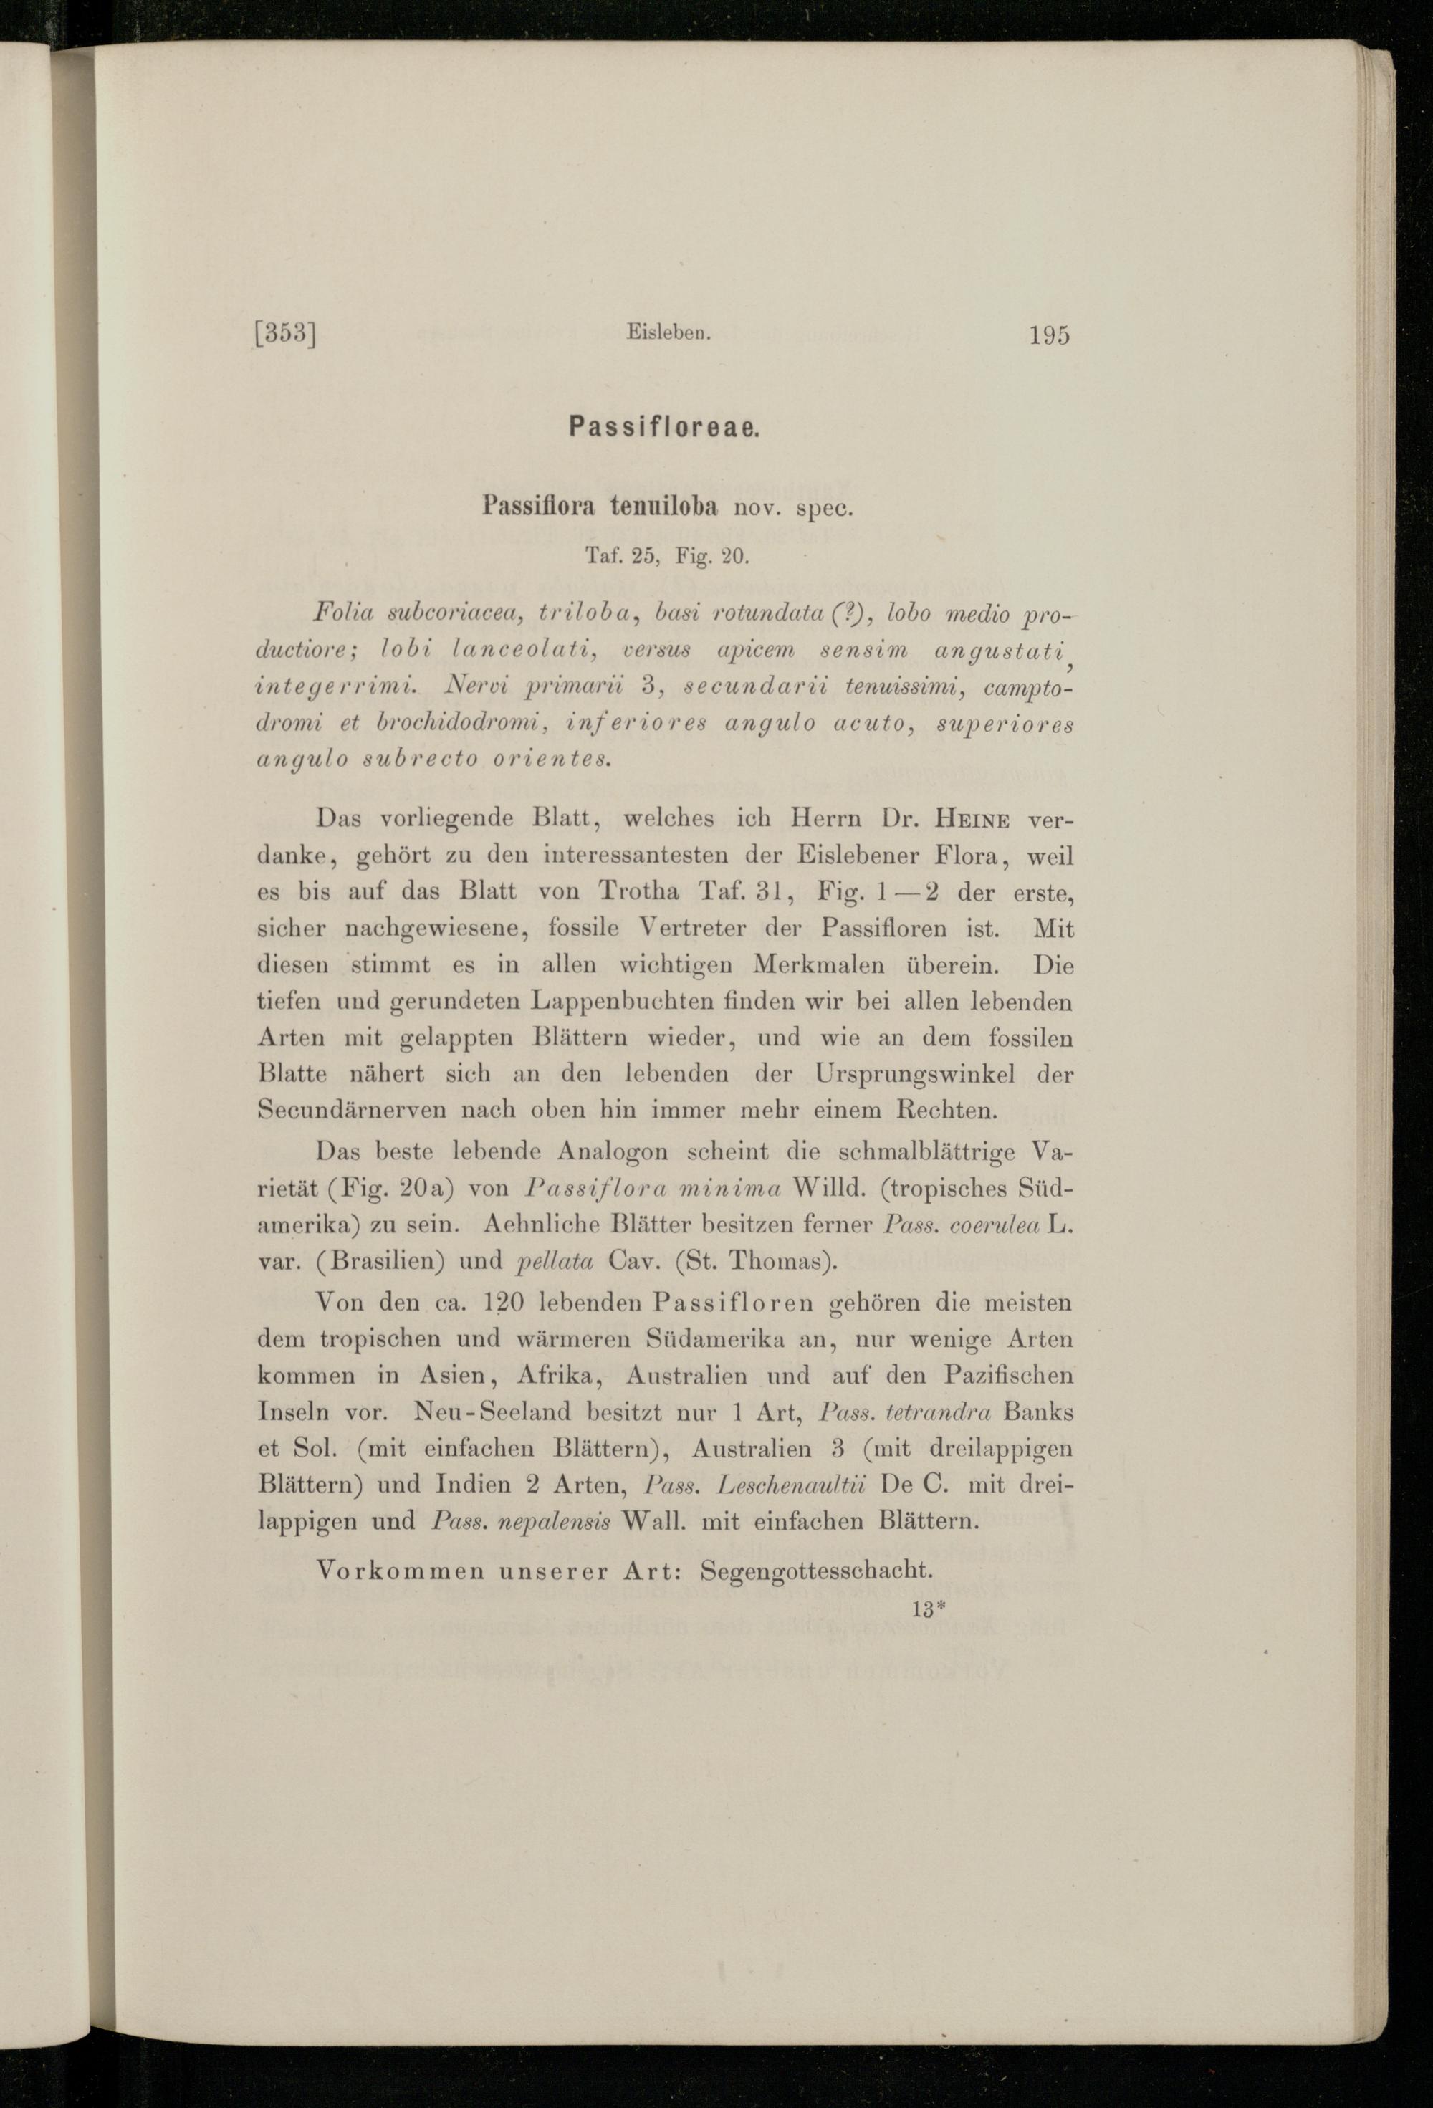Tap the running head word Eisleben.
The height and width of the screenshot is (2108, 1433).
click(x=666, y=333)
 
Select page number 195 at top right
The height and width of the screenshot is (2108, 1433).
click(x=1050, y=335)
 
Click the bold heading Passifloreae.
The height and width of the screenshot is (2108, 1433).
click(x=664, y=427)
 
